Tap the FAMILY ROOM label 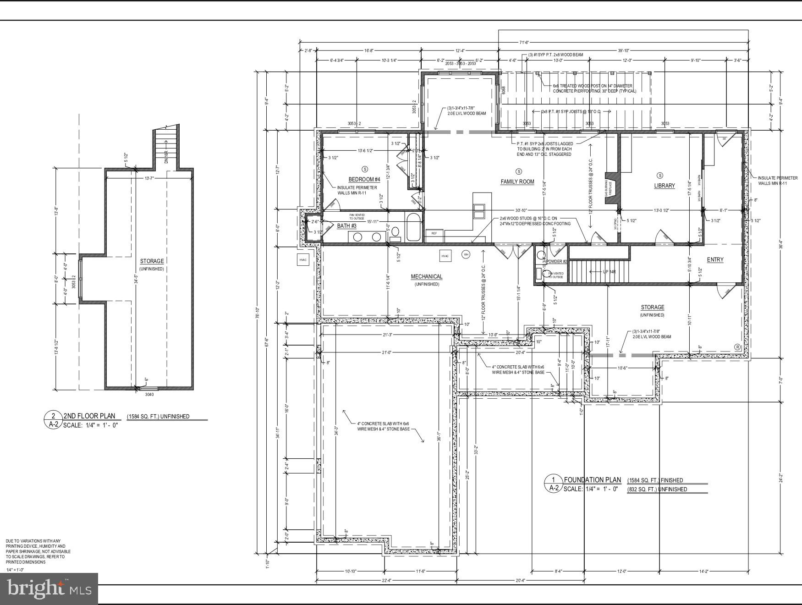click(x=517, y=181)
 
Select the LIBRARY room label click(x=664, y=186)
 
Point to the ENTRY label click(x=715, y=259)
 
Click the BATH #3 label click(x=347, y=225)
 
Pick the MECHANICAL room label click(x=426, y=276)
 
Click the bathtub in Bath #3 click(x=412, y=228)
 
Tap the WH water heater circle click(x=466, y=254)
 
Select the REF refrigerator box click(x=434, y=233)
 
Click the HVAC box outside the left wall click(x=303, y=260)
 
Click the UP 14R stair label click(x=609, y=272)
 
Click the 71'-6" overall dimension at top click(x=525, y=42)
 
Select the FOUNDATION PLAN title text click(x=592, y=480)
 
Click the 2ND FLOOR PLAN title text click(x=89, y=416)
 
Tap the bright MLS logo click(x=49, y=588)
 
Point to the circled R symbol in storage click(x=737, y=347)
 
